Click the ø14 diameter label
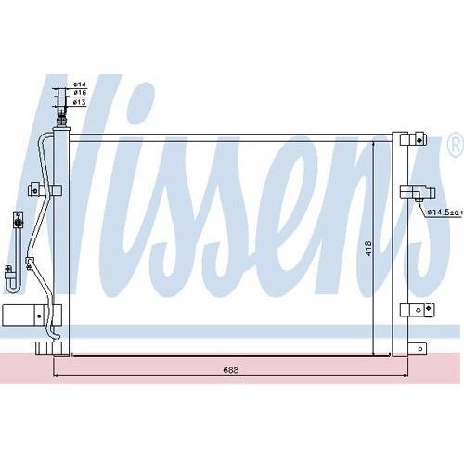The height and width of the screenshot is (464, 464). point(80,84)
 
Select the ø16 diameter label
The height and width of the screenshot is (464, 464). point(80,93)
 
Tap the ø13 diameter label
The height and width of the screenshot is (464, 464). point(80,102)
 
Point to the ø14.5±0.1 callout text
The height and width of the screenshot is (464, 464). point(445,213)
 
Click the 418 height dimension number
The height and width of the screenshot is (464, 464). point(368,248)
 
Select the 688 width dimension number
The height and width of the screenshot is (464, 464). point(231,370)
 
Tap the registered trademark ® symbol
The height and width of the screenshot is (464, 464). point(456,145)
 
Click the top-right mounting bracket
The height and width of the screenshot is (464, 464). point(413,139)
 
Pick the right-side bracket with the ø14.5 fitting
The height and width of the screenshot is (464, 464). point(418,192)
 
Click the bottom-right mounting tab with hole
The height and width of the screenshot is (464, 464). point(418,349)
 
